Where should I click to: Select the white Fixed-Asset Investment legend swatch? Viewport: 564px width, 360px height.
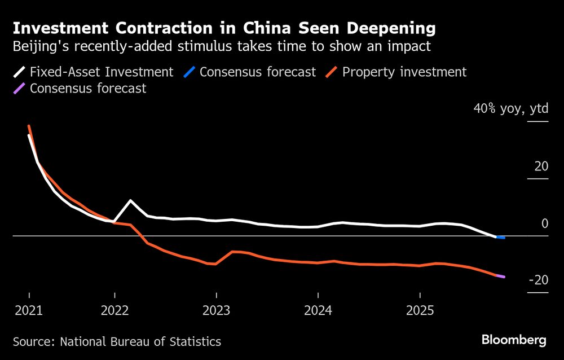click(19, 72)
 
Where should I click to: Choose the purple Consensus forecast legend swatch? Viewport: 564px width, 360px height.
click(19, 89)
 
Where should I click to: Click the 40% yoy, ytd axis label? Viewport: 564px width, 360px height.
click(510, 109)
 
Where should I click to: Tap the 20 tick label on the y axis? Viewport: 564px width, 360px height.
click(541, 166)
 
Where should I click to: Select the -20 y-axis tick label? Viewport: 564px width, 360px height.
click(537, 280)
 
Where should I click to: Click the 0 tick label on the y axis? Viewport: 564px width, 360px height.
click(544, 223)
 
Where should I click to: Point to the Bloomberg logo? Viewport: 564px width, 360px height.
click(513, 340)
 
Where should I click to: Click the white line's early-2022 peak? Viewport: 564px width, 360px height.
click(131, 201)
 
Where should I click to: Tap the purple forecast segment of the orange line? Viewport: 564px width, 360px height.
click(501, 276)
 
